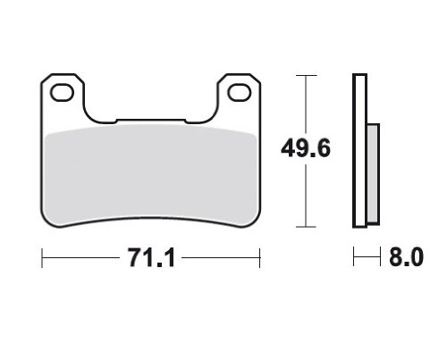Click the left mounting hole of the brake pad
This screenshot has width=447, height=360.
point(63,92)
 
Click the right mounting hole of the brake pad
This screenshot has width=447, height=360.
point(240,92)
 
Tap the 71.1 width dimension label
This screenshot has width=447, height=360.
point(151,257)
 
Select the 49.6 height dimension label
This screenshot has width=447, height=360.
point(306,148)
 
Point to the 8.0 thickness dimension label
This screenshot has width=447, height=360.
point(406,256)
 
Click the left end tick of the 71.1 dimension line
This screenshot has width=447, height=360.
point(42,257)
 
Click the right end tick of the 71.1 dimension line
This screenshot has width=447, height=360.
point(260,257)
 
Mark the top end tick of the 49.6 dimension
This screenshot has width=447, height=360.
point(306,76)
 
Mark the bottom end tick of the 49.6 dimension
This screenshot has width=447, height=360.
point(306,227)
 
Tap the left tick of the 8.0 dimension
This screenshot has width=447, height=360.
point(354,256)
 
